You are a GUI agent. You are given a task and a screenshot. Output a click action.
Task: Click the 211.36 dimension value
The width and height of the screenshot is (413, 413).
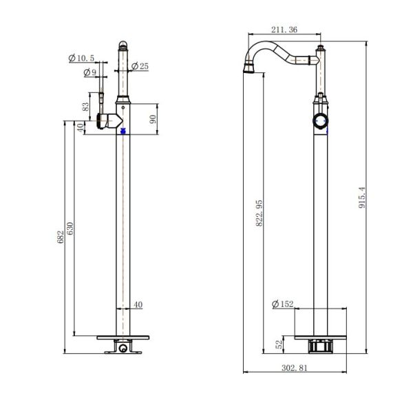coord(284,30)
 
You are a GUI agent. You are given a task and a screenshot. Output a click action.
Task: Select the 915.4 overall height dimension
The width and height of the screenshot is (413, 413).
coord(362,198)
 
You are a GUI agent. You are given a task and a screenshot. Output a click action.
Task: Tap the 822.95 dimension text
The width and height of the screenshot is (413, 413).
coord(260,213)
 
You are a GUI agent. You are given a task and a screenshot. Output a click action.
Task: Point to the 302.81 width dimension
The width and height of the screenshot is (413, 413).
coord(295,368)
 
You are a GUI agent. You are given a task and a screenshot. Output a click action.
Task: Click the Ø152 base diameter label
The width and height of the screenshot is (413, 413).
coord(282,304)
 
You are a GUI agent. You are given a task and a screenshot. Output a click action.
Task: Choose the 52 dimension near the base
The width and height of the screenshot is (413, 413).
coord(279,344)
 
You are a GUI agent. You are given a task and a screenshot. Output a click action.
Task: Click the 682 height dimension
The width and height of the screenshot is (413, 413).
coord(61,237)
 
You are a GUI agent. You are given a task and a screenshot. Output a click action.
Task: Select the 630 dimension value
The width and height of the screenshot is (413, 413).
coord(70,229)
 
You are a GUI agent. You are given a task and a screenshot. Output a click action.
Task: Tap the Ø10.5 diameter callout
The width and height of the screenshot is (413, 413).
coord(81,58)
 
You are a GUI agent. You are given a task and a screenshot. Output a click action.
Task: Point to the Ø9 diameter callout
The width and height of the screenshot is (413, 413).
coord(90,72)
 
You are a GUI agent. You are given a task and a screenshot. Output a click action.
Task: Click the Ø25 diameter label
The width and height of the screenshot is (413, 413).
coord(140,66)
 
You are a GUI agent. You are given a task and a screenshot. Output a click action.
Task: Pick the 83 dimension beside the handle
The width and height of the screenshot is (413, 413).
coord(85,107)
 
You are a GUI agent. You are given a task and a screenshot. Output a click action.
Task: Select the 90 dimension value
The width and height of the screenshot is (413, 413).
coord(153,119)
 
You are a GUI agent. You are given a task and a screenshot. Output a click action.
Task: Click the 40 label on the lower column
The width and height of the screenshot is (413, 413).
coord(138,304)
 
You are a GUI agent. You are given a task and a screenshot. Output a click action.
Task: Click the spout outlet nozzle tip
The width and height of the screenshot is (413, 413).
coord(249,67)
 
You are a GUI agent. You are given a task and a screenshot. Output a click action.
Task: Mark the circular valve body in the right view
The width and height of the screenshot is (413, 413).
coord(320,121)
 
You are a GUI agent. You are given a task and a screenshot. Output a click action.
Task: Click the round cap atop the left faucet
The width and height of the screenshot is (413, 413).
coord(123,45)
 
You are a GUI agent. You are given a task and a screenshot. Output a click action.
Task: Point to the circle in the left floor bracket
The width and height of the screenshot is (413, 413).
coord(123,348)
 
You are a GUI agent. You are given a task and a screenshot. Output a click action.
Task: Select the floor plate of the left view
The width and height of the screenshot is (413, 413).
coord(123,337)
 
